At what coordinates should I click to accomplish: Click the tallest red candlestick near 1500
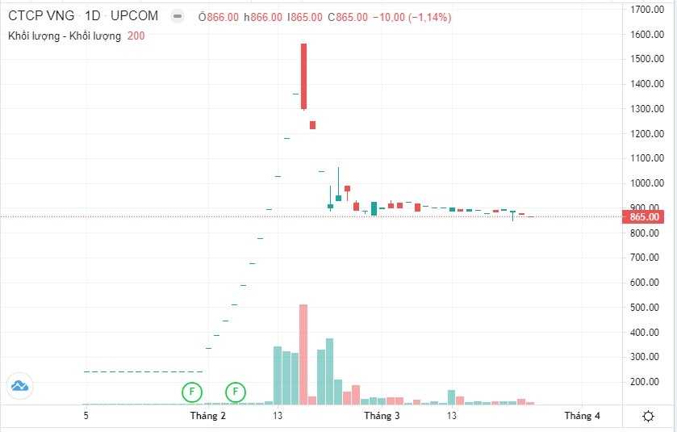(x=303, y=76)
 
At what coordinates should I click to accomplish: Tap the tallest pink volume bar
(x=303, y=354)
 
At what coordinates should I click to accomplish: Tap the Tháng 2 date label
(x=208, y=416)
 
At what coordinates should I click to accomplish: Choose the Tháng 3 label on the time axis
(x=382, y=416)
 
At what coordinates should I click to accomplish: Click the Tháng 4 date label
(x=581, y=416)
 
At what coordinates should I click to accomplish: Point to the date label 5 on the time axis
(x=86, y=416)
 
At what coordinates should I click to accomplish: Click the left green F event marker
(x=192, y=392)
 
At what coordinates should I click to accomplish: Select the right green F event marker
(x=236, y=392)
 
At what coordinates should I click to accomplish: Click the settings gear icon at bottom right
(x=648, y=416)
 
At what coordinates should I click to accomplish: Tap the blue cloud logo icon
(x=19, y=386)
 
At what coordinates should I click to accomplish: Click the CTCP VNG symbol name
(x=40, y=16)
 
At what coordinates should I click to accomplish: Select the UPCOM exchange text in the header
(x=135, y=16)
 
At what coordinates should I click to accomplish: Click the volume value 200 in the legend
(x=136, y=36)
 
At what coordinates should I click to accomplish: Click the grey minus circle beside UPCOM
(x=178, y=16)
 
